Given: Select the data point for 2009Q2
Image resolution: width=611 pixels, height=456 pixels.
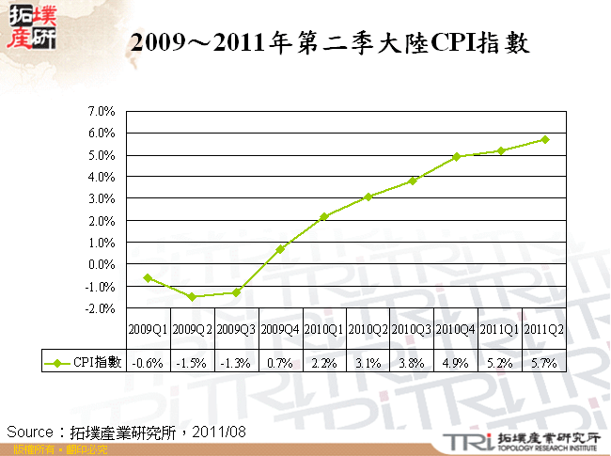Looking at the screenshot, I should pyautogui.click(x=193, y=296).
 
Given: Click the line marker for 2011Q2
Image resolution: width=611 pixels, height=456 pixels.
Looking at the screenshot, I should pyautogui.click(x=544, y=139).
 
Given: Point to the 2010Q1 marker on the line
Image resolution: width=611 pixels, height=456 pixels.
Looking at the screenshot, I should pyautogui.click(x=324, y=216).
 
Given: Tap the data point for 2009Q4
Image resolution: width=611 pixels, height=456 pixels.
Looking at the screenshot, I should pyautogui.click(x=280, y=249).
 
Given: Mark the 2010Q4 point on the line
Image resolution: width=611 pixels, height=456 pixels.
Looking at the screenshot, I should pyautogui.click(x=457, y=157).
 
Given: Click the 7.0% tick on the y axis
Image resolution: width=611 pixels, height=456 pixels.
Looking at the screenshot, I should pyautogui.click(x=101, y=111).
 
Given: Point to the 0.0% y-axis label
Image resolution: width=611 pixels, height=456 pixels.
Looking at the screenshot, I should pyautogui.click(x=101, y=264).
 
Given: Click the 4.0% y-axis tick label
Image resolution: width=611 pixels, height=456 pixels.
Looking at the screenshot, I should pyautogui.click(x=101, y=177).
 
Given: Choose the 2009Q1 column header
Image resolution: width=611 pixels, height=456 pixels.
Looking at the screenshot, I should pyautogui.click(x=149, y=329).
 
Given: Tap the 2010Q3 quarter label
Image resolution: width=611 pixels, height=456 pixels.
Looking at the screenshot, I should pyautogui.click(x=412, y=329).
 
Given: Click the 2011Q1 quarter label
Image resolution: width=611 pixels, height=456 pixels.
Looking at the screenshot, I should pyautogui.click(x=500, y=329).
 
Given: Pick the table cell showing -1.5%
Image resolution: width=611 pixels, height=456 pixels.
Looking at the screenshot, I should pyautogui.click(x=193, y=362).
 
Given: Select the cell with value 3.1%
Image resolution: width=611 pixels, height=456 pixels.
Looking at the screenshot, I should pyautogui.click(x=368, y=362).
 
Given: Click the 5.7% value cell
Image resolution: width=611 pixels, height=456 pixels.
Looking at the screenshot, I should pyautogui.click(x=544, y=362).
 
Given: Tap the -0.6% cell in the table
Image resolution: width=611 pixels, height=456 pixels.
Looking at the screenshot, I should pyautogui.click(x=149, y=362).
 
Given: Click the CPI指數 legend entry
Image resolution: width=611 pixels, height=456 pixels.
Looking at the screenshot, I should pyautogui.click(x=84, y=362).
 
